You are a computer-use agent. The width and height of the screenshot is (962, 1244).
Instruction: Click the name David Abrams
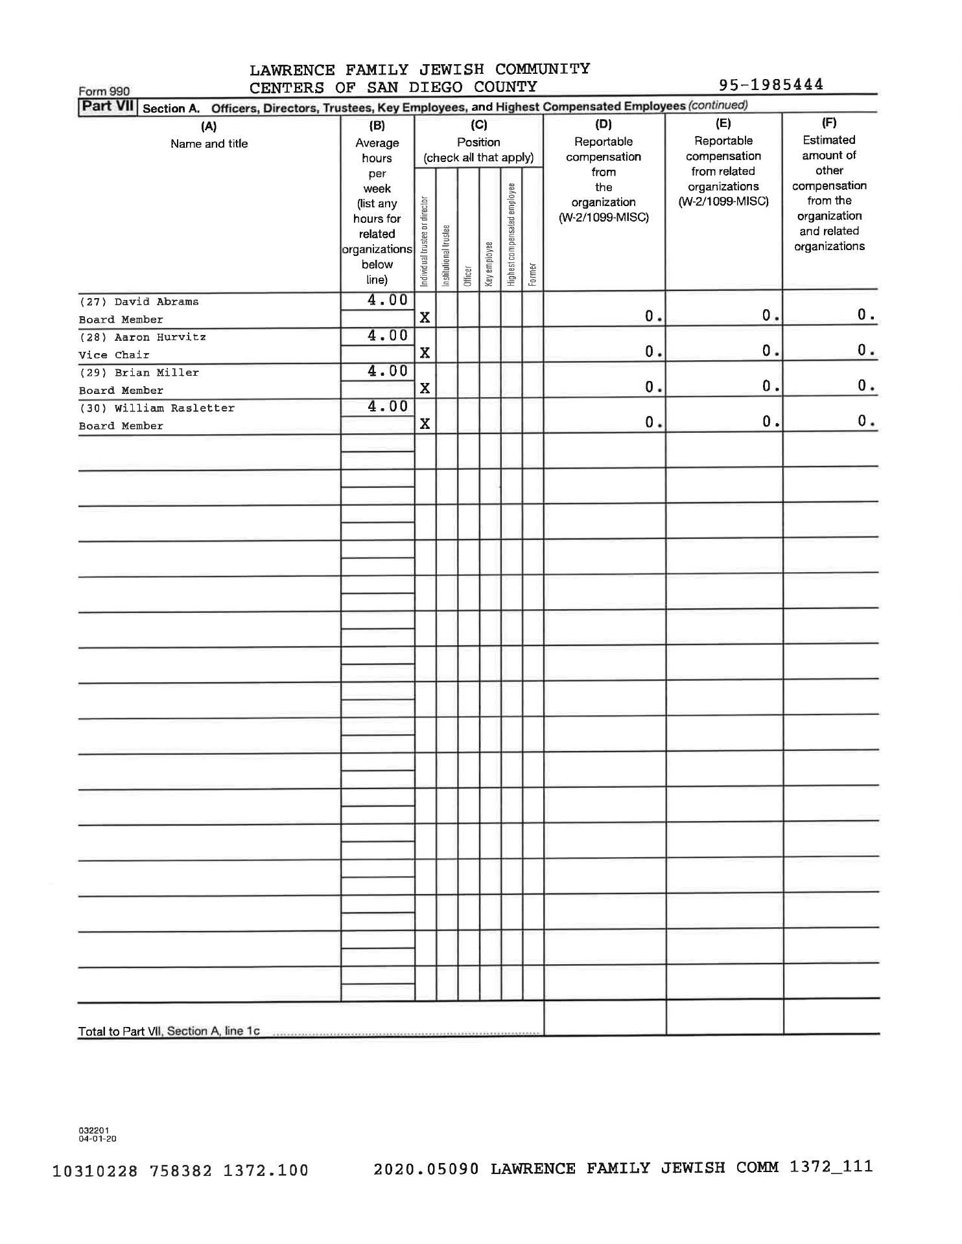pyautogui.click(x=156, y=302)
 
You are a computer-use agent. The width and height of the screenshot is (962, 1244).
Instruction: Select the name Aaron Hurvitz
pyautogui.click(x=160, y=338)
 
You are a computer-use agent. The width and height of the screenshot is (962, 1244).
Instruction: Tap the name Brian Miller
pyautogui.click(x=156, y=373)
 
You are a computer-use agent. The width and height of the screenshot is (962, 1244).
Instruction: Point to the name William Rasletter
pyautogui.click(x=174, y=409)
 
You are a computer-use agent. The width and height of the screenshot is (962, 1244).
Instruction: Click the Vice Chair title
pyautogui.click(x=114, y=355)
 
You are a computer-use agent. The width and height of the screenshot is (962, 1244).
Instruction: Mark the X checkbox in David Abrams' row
pyautogui.click(x=425, y=317)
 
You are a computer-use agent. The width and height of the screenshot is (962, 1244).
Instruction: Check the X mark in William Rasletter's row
pyautogui.click(x=425, y=424)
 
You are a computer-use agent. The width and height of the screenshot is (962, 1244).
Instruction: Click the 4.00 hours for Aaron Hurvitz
pyautogui.click(x=388, y=336)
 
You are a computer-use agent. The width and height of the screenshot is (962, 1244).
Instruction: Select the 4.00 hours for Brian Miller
pyautogui.click(x=388, y=371)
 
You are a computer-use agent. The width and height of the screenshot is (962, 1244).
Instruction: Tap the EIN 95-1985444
pyautogui.click(x=771, y=85)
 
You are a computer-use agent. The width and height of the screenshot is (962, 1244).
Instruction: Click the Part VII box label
pyautogui.click(x=107, y=106)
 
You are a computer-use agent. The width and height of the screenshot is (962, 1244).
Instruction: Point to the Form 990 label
pyautogui.click(x=104, y=92)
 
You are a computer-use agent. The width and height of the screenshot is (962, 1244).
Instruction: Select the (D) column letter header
pyautogui.click(x=603, y=124)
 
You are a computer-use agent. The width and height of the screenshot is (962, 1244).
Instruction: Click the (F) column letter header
pyautogui.click(x=828, y=123)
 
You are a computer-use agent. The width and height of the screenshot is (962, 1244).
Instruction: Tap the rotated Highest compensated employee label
pyautogui.click(x=511, y=235)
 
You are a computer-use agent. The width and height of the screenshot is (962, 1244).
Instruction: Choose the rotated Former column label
pyautogui.click(x=532, y=273)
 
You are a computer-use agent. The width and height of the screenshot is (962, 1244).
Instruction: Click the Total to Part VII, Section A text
pyautogui.click(x=169, y=1031)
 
